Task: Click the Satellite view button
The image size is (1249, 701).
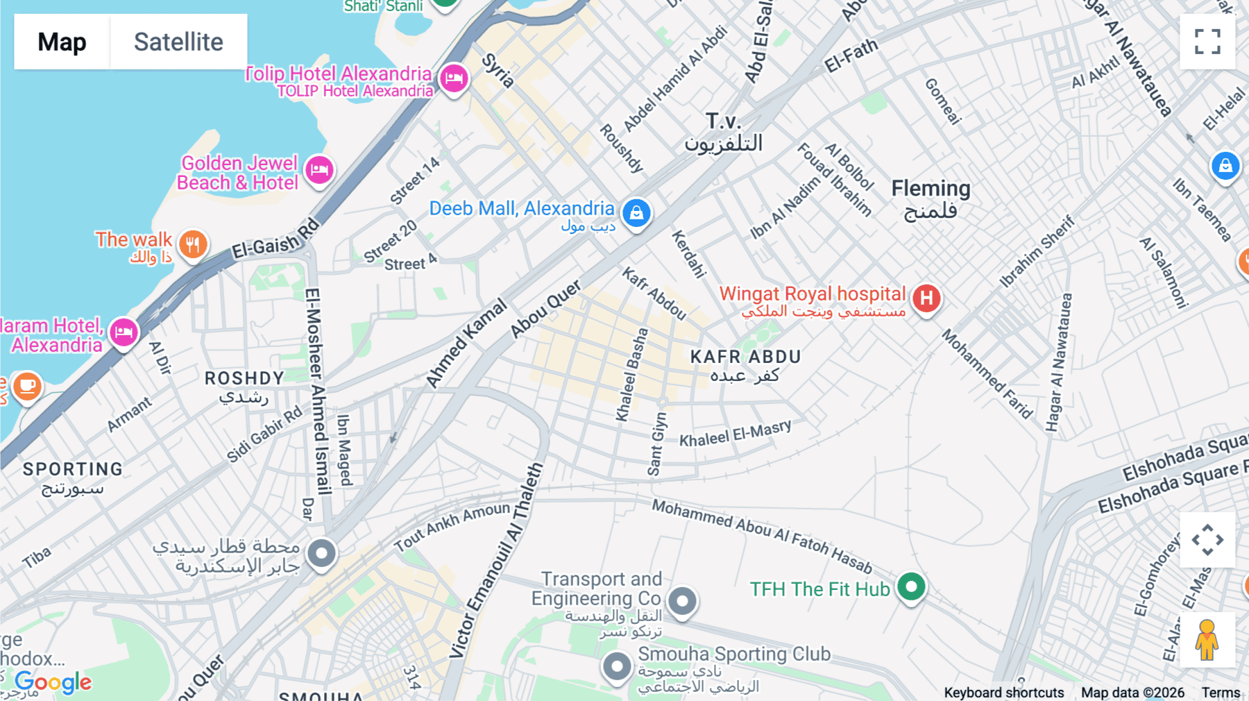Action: coord(178,42)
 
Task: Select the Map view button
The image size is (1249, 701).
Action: coord(62,42)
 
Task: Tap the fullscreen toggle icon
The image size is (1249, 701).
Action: coord(1207,42)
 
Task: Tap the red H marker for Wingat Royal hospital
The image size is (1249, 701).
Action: coord(926,298)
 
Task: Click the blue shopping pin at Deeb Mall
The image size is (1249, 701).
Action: coord(636,212)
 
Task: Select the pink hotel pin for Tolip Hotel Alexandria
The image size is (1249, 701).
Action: coord(454,78)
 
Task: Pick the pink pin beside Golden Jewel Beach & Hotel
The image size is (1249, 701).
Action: coord(319,169)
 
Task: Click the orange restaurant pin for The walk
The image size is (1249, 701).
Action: coord(193,244)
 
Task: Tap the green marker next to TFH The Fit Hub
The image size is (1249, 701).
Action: coord(911,587)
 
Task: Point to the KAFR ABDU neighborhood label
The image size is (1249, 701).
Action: coord(746,357)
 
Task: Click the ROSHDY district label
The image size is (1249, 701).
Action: coord(244,378)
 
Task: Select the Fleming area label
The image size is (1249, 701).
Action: coord(931,189)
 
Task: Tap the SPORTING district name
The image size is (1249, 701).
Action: coord(73,469)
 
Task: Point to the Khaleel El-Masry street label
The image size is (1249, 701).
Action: coord(735,434)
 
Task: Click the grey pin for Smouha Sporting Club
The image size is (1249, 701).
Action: coord(617,666)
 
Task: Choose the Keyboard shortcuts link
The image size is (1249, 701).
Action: coord(1003,693)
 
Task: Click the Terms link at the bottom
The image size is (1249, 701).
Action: coord(1221,693)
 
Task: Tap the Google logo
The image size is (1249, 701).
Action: coord(53,682)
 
